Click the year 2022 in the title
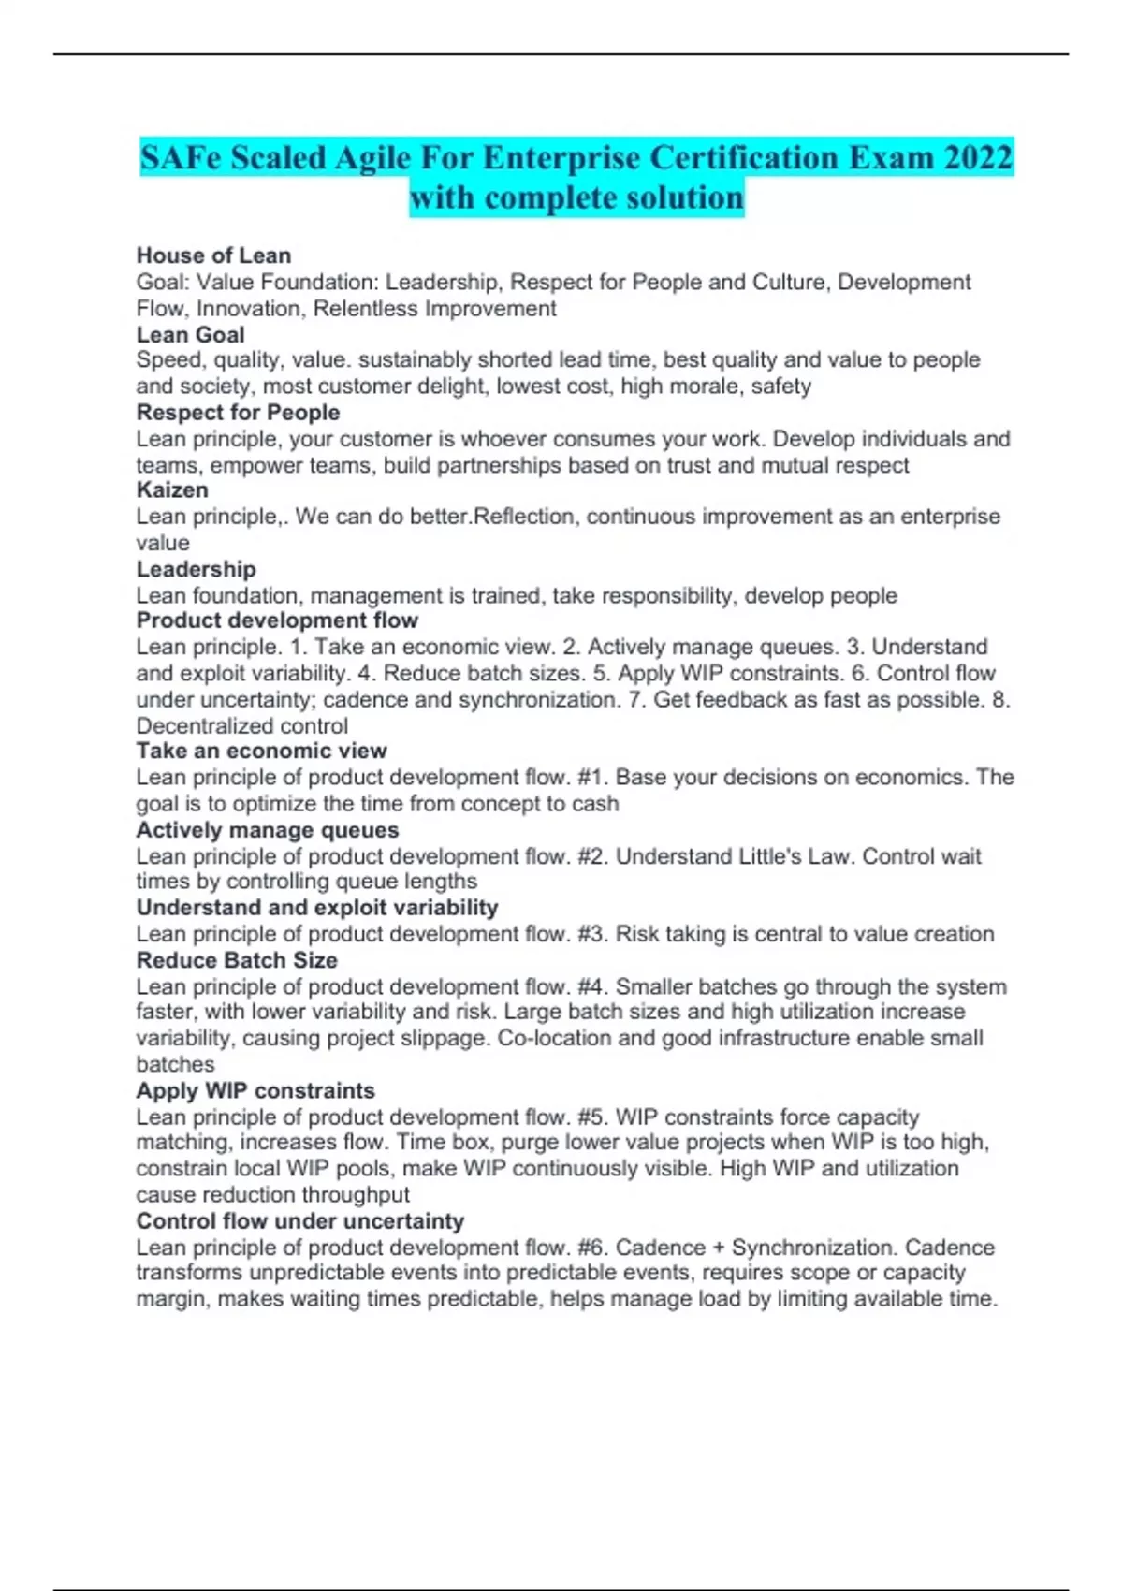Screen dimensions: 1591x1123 click(x=977, y=157)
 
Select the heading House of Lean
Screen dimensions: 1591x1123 click(x=213, y=255)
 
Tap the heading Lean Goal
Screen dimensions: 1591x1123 click(x=190, y=334)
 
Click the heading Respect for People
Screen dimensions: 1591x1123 click(x=238, y=412)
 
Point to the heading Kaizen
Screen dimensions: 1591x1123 click(x=172, y=489)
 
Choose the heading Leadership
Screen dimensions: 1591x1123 click(x=196, y=569)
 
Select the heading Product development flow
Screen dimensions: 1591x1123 click(x=277, y=620)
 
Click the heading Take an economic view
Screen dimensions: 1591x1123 click(x=261, y=751)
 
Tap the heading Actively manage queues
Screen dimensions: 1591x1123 click(x=267, y=830)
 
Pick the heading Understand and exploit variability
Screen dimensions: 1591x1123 click(x=316, y=907)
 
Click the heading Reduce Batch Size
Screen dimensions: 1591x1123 click(x=237, y=960)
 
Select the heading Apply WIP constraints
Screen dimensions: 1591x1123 click(x=255, y=1090)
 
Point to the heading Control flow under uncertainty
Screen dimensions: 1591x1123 click(x=299, y=1221)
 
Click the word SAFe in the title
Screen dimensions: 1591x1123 click(x=181, y=157)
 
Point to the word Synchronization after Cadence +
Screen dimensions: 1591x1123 click(x=811, y=1248)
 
